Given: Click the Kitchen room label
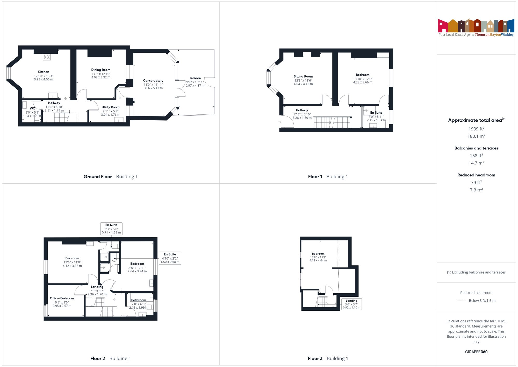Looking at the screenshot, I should point(44,72).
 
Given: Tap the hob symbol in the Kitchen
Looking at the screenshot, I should point(47,57).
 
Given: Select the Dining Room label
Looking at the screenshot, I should point(101,70).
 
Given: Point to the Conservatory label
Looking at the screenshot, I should point(153,81).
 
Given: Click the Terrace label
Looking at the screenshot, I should point(195,78).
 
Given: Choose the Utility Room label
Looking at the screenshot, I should point(111,107).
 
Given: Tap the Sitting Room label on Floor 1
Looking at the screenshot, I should point(303,77).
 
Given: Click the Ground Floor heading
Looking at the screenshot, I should point(98,177).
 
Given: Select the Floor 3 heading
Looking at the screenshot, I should point(315,358).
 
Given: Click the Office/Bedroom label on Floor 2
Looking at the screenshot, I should point(62,298).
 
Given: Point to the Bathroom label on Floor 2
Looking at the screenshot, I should point(139,300).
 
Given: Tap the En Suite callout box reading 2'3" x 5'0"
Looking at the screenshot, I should point(111,229).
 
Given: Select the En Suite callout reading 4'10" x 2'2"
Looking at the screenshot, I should point(170,258).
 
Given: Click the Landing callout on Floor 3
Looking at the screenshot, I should point(351,304).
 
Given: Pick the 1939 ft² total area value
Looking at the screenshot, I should point(476,129).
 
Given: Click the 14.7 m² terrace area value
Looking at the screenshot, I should point(476,163).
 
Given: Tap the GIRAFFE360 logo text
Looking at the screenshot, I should point(476,352).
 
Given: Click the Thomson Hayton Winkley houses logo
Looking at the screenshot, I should point(476,26).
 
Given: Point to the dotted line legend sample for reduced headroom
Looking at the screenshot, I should point(462,301).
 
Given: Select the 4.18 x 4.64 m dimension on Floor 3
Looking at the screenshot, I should point(318,260).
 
